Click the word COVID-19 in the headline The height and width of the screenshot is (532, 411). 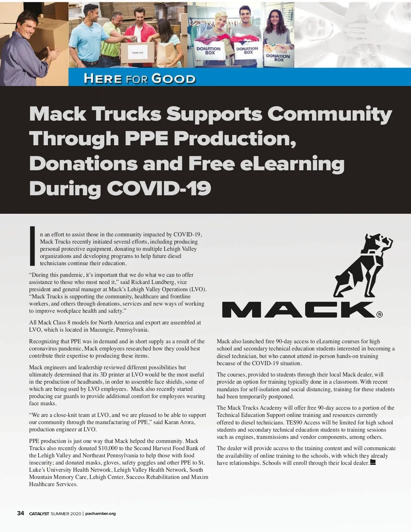159,188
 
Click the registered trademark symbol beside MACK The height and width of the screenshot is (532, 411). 379,314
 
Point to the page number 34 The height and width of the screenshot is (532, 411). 21,513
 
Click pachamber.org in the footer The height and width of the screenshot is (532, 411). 100,514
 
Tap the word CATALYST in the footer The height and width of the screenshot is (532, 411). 39,514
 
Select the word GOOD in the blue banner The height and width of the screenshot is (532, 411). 173,78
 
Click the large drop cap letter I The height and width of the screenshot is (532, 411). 33,246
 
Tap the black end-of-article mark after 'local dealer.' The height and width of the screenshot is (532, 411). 373,462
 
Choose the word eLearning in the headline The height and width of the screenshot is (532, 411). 292,163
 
